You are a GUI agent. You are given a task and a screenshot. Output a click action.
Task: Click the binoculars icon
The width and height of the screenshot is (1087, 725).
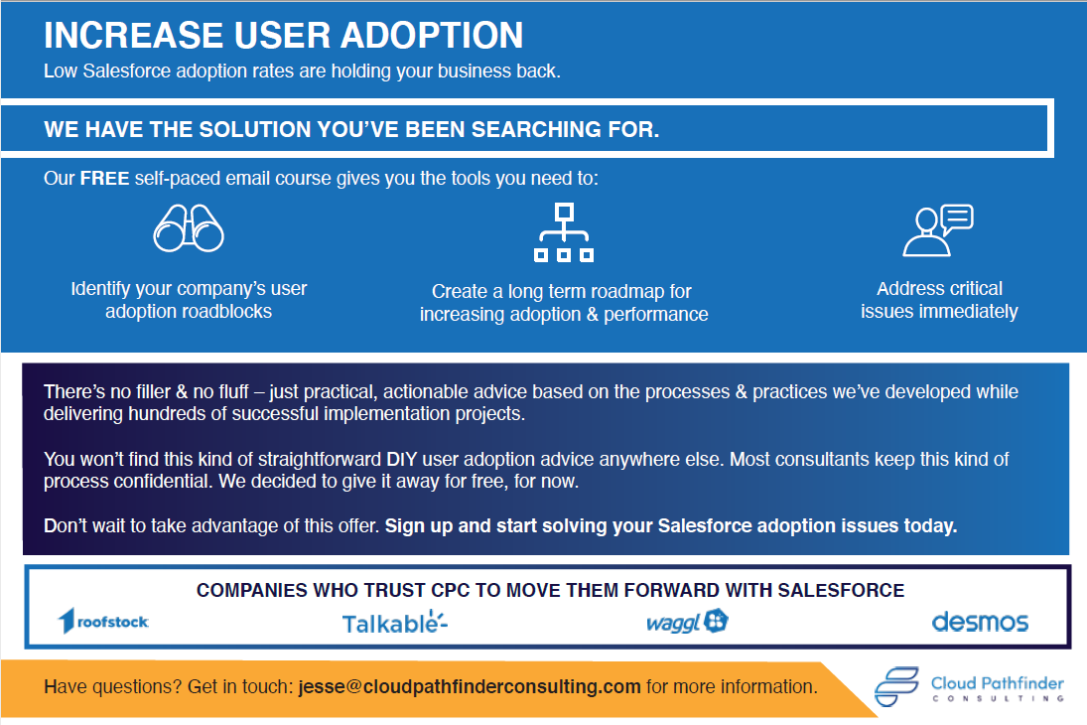[189, 228]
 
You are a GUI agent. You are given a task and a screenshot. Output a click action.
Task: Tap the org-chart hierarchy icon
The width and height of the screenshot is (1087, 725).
[564, 232]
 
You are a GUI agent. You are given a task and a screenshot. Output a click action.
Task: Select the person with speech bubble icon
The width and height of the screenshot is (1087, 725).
[938, 230]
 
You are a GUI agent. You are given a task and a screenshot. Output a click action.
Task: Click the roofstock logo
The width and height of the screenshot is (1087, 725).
[103, 621]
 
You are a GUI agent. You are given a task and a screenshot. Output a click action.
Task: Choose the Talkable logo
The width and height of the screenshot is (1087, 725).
[395, 623]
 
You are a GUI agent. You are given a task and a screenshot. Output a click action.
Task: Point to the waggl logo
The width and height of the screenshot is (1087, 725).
[687, 622]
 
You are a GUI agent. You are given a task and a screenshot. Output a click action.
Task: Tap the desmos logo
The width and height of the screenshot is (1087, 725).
[980, 622]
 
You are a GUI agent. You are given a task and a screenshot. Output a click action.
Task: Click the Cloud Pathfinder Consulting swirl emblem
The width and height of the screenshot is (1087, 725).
[896, 687]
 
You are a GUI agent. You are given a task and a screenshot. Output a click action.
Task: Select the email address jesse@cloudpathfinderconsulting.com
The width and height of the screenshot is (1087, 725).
[470, 687]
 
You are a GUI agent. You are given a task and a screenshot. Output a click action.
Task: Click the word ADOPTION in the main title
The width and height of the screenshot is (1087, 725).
[432, 36]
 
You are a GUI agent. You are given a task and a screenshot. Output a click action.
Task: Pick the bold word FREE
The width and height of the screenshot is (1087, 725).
[104, 179]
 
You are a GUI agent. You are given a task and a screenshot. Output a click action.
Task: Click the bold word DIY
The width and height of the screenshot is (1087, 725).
[401, 459]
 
